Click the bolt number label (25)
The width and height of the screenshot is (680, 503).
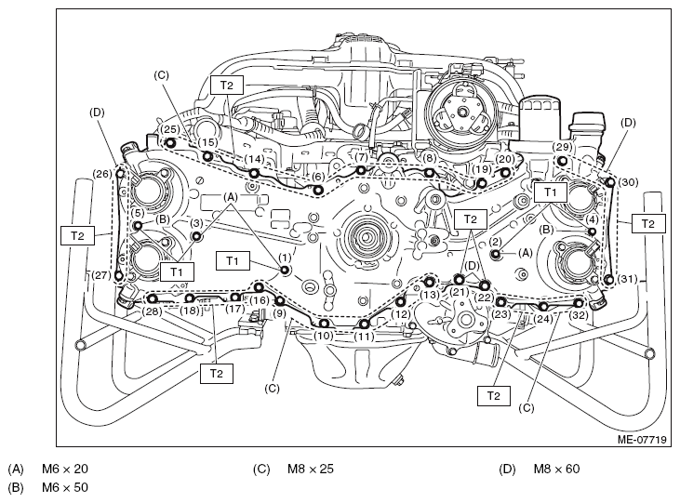[169, 129]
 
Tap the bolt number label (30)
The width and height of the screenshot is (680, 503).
[628, 182]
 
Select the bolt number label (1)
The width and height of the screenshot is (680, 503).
[285, 258]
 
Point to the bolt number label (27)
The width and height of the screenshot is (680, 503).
[101, 275]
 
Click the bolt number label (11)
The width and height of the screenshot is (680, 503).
[364, 336]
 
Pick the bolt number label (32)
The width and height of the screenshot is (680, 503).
[580, 314]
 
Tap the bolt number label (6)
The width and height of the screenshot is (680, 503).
[318, 177]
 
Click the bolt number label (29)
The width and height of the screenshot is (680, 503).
[562, 148]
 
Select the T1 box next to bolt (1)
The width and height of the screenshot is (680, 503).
[233, 261]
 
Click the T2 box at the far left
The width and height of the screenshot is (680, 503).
[77, 236]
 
